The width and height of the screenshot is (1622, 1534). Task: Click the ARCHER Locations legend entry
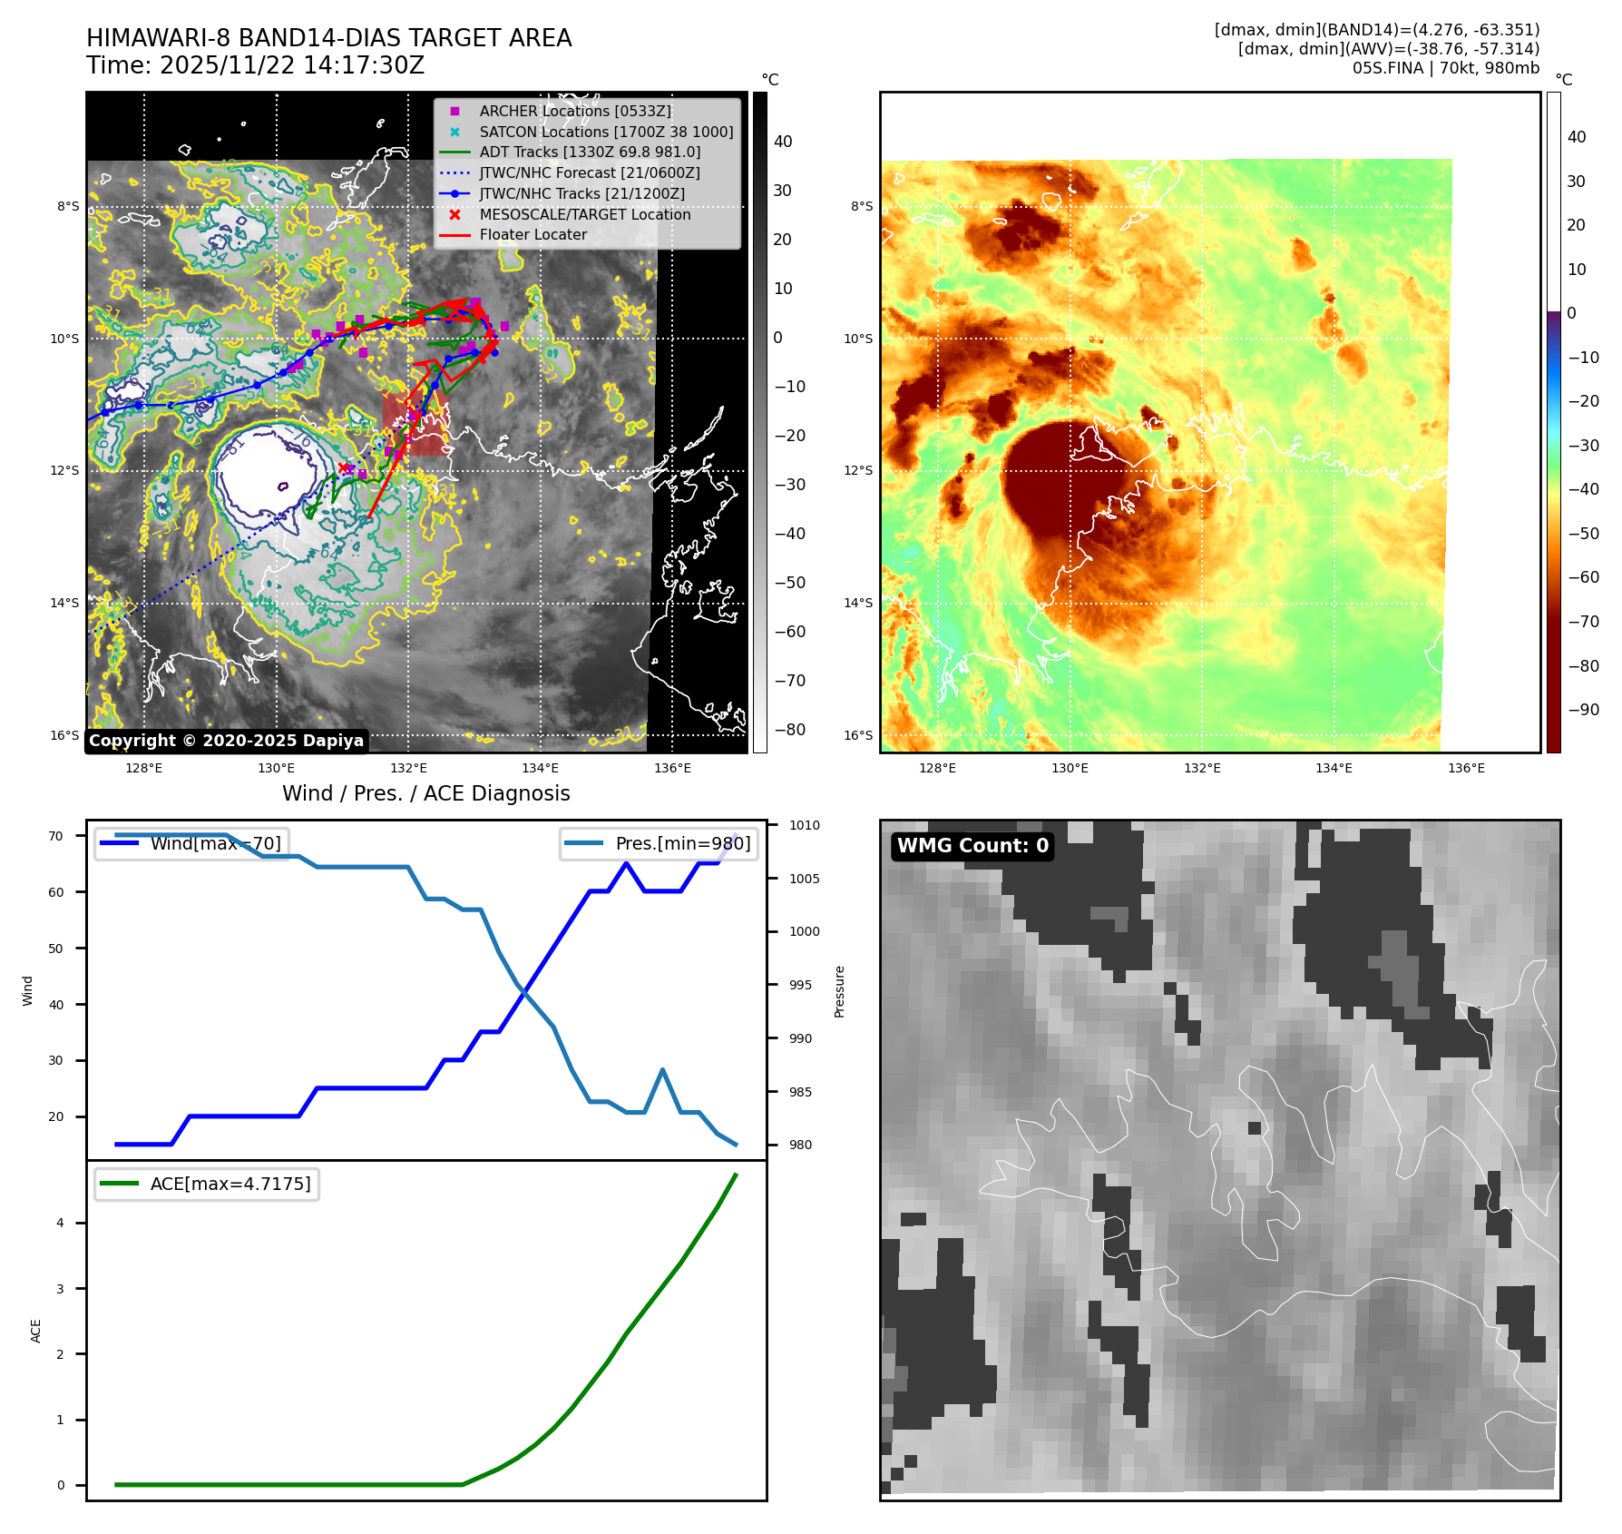pyautogui.click(x=575, y=111)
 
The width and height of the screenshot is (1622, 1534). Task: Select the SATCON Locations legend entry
pyautogui.click(x=606, y=132)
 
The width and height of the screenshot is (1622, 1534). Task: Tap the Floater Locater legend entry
pyautogui.click(x=533, y=234)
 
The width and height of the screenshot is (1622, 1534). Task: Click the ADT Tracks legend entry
pyautogui.click(x=590, y=152)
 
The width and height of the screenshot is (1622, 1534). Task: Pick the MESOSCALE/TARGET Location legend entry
pyautogui.click(x=584, y=214)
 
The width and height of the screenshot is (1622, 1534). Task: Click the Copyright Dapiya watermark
pyautogui.click(x=226, y=741)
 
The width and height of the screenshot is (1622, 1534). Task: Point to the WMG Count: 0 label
pyautogui.click(x=972, y=846)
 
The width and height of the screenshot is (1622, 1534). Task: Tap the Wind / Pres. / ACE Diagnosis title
pyautogui.click(x=425, y=793)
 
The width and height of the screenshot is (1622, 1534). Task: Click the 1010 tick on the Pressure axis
pyautogui.click(x=804, y=825)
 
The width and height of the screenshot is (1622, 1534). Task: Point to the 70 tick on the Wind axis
pyautogui.click(x=56, y=836)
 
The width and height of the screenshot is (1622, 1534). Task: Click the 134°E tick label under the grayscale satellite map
pyautogui.click(x=540, y=768)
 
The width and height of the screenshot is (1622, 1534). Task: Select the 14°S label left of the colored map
pyautogui.click(x=858, y=603)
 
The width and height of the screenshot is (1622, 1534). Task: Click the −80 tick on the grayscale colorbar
pyautogui.click(x=789, y=730)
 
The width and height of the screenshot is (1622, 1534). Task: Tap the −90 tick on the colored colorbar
pyautogui.click(x=1583, y=710)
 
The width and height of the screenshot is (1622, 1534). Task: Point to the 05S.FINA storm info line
pyautogui.click(x=1445, y=68)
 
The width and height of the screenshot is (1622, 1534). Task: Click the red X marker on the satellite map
pyautogui.click(x=344, y=468)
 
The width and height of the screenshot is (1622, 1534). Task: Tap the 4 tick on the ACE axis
pyautogui.click(x=61, y=1223)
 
